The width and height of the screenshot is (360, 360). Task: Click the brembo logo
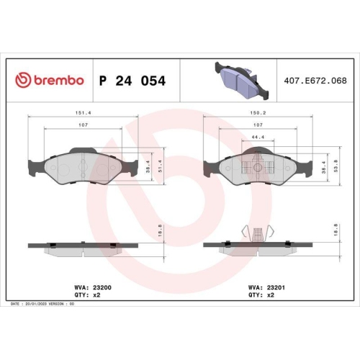point(50,81)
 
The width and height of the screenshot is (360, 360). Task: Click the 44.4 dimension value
point(258,137)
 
